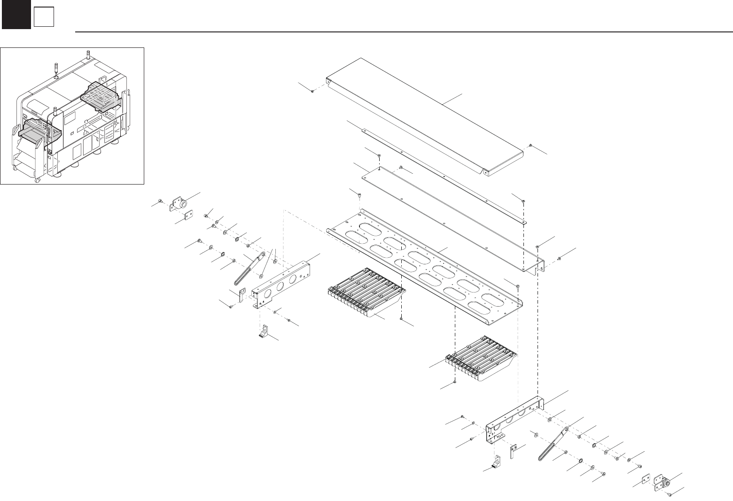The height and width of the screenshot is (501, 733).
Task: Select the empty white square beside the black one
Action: [x=43, y=18]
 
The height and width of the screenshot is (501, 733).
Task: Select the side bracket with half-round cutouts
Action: [x=515, y=418]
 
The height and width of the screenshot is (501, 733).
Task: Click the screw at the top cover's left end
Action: [x=312, y=92]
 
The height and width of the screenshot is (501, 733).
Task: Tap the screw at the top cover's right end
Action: [x=530, y=146]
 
